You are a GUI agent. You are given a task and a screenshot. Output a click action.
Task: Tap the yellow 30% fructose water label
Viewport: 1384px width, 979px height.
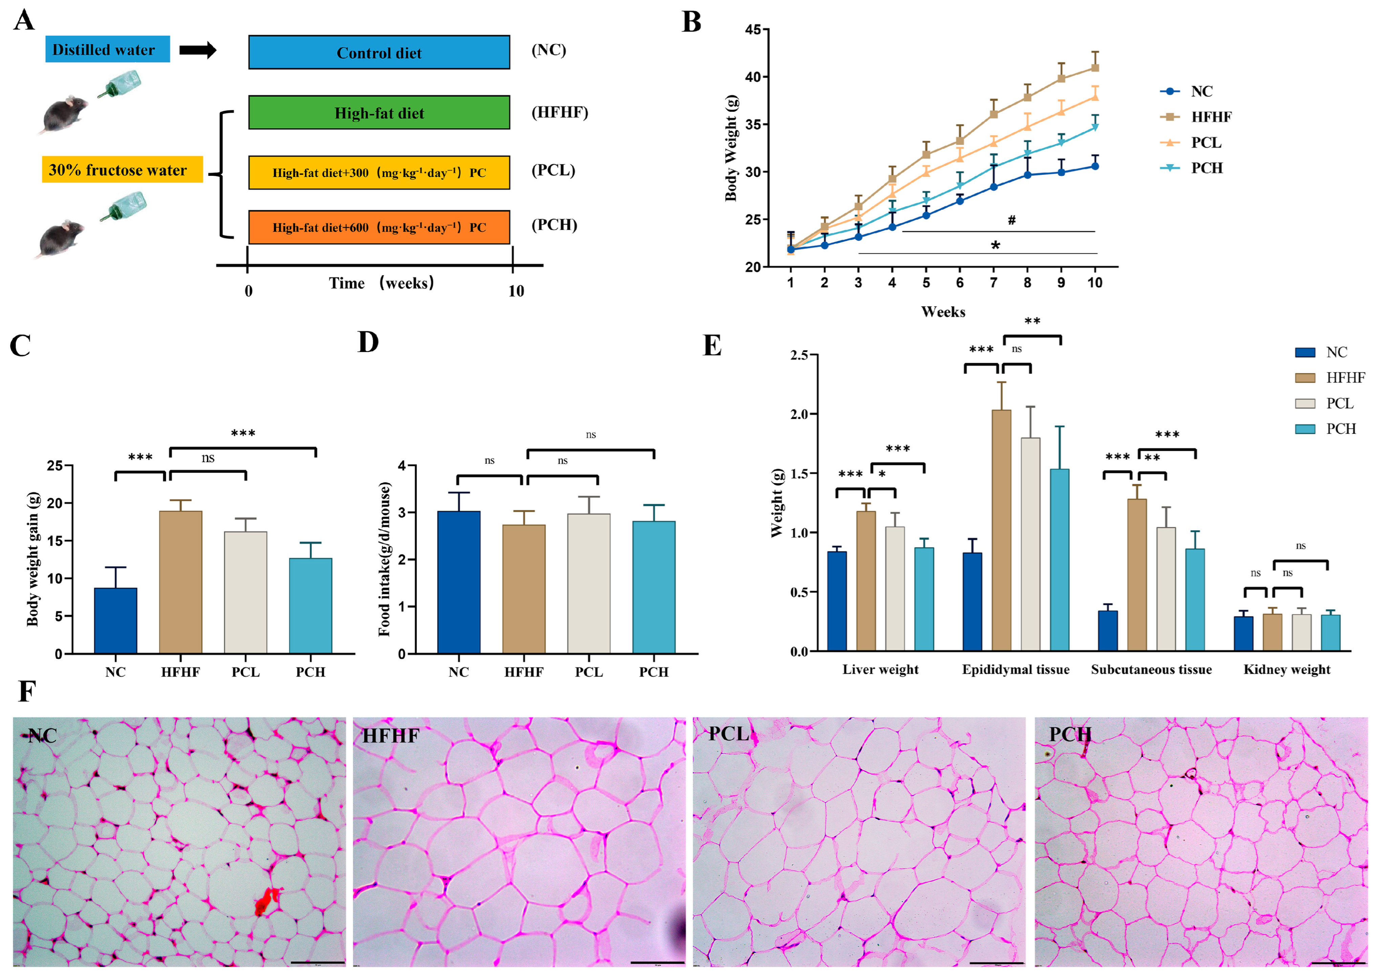click(123, 169)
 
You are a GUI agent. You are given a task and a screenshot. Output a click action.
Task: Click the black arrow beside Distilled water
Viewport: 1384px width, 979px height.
click(198, 50)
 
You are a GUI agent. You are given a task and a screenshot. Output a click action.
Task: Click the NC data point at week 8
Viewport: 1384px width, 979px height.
click(1027, 175)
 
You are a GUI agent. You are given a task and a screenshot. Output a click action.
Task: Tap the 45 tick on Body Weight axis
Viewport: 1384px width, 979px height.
click(753, 29)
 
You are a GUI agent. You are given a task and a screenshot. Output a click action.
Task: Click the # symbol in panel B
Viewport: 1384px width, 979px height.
click(1011, 220)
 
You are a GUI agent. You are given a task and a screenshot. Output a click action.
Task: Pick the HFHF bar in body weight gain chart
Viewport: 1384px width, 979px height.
click(180, 582)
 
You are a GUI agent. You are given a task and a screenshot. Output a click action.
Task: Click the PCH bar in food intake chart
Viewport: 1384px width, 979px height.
click(654, 587)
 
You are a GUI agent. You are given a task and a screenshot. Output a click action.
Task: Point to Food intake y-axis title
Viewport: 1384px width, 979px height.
click(385, 559)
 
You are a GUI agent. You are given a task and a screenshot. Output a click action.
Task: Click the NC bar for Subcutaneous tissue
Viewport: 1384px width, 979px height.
click(1107, 631)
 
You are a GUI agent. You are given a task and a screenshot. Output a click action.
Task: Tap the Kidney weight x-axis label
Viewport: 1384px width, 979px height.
click(1286, 670)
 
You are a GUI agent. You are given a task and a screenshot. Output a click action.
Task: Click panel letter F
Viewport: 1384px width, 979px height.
click(26, 691)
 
